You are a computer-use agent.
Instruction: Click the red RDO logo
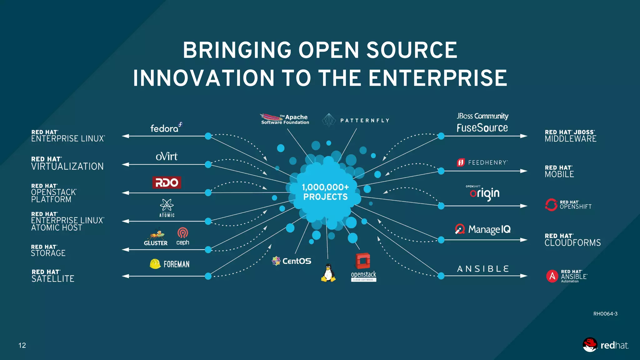click(167, 182)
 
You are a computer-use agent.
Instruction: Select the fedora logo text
click(164, 128)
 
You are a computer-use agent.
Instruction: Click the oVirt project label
click(167, 156)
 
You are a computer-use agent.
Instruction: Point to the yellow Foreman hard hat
click(155, 264)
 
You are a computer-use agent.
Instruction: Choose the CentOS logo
click(292, 261)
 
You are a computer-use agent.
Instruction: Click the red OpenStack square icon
click(363, 261)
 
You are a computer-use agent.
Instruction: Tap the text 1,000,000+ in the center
click(325, 187)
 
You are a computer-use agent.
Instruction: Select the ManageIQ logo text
click(489, 229)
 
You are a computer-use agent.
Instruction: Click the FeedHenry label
click(487, 162)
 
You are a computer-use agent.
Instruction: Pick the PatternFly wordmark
click(365, 121)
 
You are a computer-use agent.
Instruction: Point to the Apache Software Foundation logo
click(285, 119)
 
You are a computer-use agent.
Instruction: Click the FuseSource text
click(482, 128)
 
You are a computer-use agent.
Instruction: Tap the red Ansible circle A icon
click(552, 276)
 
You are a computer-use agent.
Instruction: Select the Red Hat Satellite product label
click(53, 276)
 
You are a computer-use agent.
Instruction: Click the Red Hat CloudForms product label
click(572, 240)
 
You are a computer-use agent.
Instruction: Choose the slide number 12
click(22, 345)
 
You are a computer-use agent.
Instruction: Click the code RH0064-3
click(605, 314)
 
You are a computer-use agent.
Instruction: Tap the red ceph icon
click(183, 233)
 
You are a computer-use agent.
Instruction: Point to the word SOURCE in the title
click(412, 50)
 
